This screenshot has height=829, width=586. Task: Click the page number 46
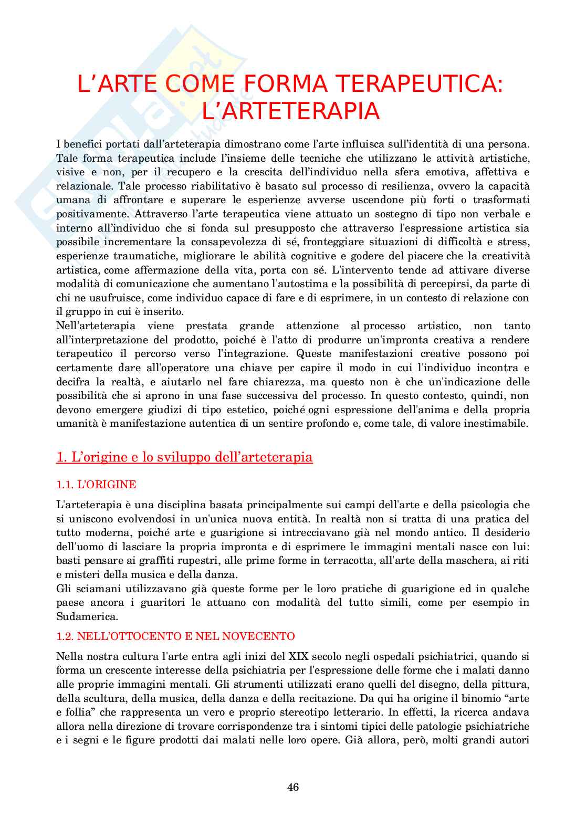(x=293, y=787)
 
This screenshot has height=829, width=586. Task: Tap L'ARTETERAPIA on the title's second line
(x=290, y=111)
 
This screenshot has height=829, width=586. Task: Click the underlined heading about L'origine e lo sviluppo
(x=184, y=457)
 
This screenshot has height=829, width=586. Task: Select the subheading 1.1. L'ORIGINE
(x=96, y=485)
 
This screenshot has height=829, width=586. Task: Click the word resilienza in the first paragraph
(x=386, y=186)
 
